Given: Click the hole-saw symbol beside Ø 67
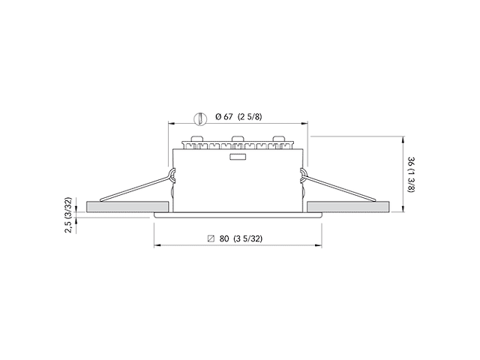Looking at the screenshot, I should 199,117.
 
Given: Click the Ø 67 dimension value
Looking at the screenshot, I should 223,117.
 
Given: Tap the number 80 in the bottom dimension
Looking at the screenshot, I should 223,239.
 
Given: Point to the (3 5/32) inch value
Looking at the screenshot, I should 247,239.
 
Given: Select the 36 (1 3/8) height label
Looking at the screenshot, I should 409,175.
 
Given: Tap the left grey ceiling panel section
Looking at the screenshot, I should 127,206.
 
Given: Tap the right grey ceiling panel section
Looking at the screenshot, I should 348,206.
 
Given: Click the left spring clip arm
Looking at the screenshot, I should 135,188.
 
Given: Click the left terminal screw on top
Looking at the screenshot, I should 198,138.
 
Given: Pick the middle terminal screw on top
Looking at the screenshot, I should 238,138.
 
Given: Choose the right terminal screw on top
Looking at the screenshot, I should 278,138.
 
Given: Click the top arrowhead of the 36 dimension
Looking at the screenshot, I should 404,138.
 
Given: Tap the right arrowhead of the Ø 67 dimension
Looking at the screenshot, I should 303,124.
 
